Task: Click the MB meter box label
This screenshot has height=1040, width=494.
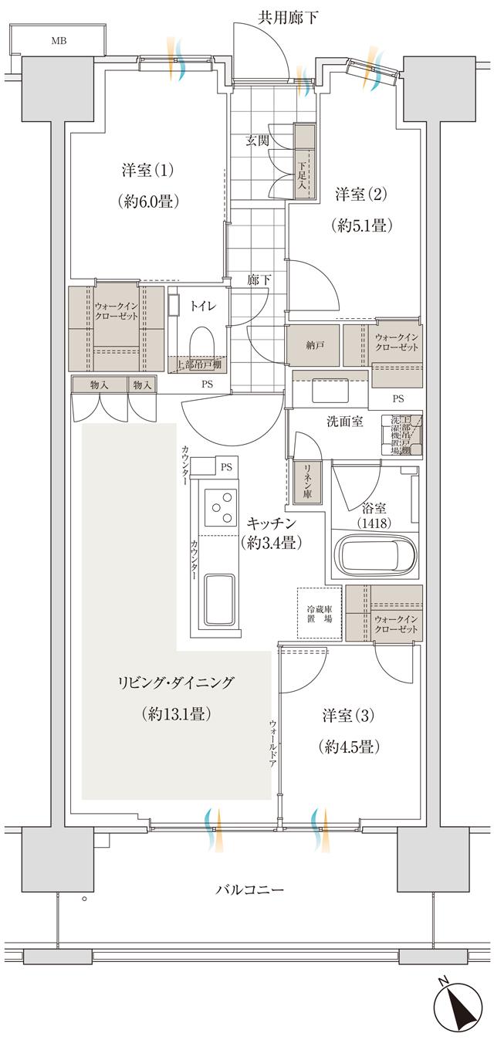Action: tap(59, 41)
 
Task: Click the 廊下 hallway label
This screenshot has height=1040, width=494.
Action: tap(259, 279)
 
